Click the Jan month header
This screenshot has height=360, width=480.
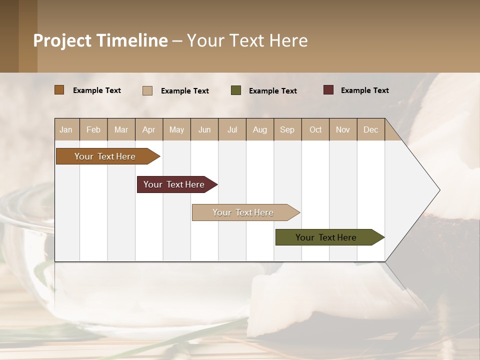pyautogui.click(x=66, y=129)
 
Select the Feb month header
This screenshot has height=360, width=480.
pyautogui.click(x=93, y=129)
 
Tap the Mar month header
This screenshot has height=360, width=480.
pyautogui.click(x=121, y=129)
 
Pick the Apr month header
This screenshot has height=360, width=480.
pyautogui.click(x=148, y=129)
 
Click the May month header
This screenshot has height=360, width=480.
pyautogui.click(x=176, y=129)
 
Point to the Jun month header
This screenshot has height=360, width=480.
pyautogui.click(x=204, y=129)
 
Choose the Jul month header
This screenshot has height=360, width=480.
pyautogui.click(x=232, y=129)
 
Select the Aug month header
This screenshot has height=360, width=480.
pyautogui.click(x=260, y=129)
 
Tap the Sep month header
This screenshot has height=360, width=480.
pyautogui.click(x=287, y=129)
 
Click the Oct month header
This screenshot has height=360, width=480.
pyautogui.click(x=315, y=129)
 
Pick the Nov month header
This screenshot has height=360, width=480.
pyautogui.click(x=343, y=129)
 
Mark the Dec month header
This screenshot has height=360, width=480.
pyautogui.click(x=370, y=129)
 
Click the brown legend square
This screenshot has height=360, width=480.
pyautogui.click(x=59, y=90)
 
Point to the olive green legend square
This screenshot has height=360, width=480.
pyautogui.click(x=236, y=90)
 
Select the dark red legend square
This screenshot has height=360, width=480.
pyautogui.click(x=328, y=90)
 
